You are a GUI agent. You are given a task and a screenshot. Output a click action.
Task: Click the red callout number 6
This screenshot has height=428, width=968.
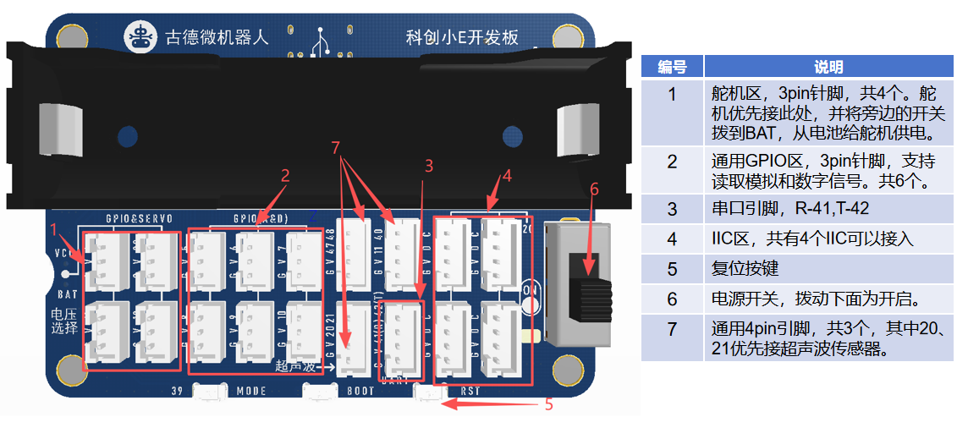[x=594, y=190]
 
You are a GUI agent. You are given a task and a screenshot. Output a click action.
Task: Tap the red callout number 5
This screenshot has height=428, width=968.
[x=548, y=404]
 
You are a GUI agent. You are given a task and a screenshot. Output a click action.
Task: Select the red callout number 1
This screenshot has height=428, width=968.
[x=53, y=228]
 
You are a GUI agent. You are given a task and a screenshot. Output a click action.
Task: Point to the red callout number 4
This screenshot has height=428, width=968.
[x=507, y=177]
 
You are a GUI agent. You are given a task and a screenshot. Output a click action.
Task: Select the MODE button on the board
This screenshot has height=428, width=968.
[x=209, y=392]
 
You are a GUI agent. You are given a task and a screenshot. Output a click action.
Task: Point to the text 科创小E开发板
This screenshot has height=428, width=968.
[x=462, y=38]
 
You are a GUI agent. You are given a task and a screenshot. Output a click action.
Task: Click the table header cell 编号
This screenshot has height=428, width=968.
[x=672, y=68]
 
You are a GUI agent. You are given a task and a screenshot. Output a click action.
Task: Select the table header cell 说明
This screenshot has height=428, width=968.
[x=828, y=68]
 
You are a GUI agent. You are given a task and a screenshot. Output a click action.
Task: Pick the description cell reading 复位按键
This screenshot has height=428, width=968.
[x=741, y=269]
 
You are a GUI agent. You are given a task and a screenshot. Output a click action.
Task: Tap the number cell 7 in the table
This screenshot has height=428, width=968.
[x=672, y=328]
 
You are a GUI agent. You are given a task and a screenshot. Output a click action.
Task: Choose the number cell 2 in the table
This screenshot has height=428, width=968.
[x=672, y=161]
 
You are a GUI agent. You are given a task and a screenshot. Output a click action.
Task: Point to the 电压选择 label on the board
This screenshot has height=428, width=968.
[x=63, y=321]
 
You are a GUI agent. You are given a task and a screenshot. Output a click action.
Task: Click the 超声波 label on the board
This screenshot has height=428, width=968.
[x=296, y=366]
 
